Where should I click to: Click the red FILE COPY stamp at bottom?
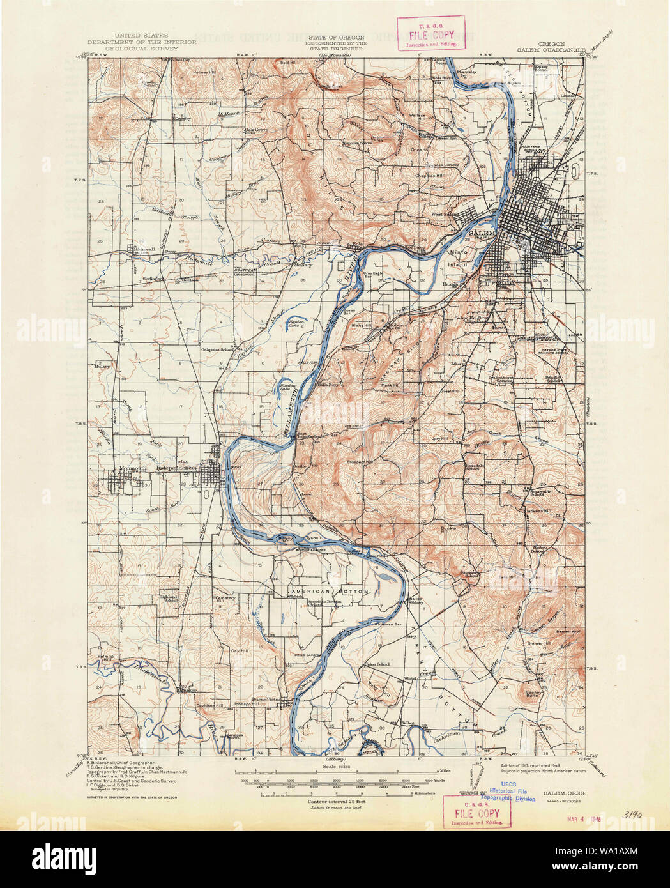(476, 813)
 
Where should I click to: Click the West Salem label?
(446, 215)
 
